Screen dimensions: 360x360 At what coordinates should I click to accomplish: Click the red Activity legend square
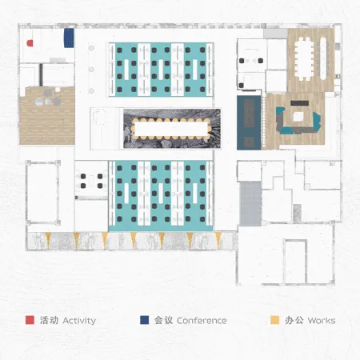coord(30,320)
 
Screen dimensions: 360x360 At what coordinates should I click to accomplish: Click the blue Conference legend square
coord(145,320)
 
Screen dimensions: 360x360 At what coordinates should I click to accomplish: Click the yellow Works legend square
coord(275,320)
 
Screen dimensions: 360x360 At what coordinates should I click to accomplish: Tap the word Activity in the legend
coord(79,321)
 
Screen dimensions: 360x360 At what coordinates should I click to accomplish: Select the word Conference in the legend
coord(202,320)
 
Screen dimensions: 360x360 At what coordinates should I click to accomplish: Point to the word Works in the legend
coord(322,320)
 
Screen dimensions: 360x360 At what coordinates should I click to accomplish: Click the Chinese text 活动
coord(49,320)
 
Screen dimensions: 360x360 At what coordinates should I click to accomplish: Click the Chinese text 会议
coord(163,320)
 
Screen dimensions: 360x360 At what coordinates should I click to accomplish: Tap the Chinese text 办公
coord(294,320)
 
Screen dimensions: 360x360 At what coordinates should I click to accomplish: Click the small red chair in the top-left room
coord(30,43)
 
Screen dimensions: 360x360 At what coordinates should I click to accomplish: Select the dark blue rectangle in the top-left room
coord(69,38)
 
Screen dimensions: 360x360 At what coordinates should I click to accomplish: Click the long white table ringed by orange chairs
coord(171,129)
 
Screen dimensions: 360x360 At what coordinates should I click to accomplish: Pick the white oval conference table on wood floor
coord(304,58)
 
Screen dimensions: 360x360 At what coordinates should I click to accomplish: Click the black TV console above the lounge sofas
coord(299,103)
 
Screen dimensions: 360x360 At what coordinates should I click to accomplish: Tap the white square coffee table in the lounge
coord(298,116)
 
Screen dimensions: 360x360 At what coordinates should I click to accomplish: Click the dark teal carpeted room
coord(249,122)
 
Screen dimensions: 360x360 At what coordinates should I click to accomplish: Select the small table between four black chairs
coord(91,181)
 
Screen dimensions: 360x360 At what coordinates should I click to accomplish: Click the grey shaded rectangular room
coord(250,204)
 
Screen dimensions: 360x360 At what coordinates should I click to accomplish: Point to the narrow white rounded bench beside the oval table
coord(323,58)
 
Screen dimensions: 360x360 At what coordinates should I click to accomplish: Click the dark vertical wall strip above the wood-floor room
coord(41,75)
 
